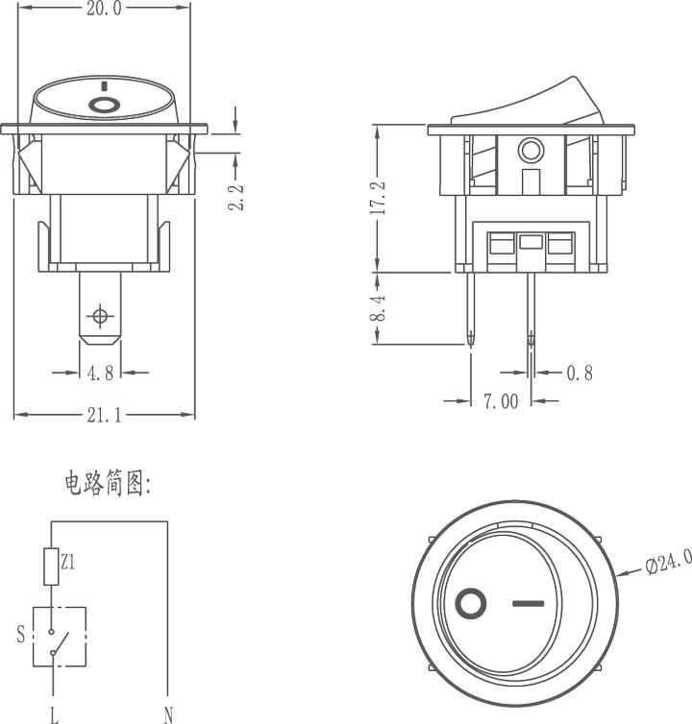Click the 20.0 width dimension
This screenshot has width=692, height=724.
click(104, 8)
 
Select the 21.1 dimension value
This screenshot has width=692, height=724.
click(104, 415)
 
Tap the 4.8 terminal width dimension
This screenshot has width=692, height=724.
click(100, 373)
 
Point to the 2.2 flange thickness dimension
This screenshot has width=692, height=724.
click(235, 197)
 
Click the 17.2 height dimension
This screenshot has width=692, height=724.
click(378, 198)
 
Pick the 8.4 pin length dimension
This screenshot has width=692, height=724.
click(378, 308)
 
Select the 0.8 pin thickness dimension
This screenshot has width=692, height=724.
click(580, 373)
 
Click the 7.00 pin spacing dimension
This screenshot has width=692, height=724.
click(501, 401)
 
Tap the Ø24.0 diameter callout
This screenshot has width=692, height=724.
click(668, 562)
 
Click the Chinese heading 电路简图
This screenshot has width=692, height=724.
click(108, 483)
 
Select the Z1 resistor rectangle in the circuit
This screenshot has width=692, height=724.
click(51, 567)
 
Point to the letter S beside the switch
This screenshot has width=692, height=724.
click(21, 635)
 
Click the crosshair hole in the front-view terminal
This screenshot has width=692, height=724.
click(100, 316)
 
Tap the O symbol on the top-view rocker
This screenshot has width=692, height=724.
click(471, 603)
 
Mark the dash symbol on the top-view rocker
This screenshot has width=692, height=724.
click(529, 603)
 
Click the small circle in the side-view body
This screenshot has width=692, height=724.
click(531, 150)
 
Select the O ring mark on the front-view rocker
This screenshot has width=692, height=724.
click(104, 105)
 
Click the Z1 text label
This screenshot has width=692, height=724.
click(67, 563)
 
